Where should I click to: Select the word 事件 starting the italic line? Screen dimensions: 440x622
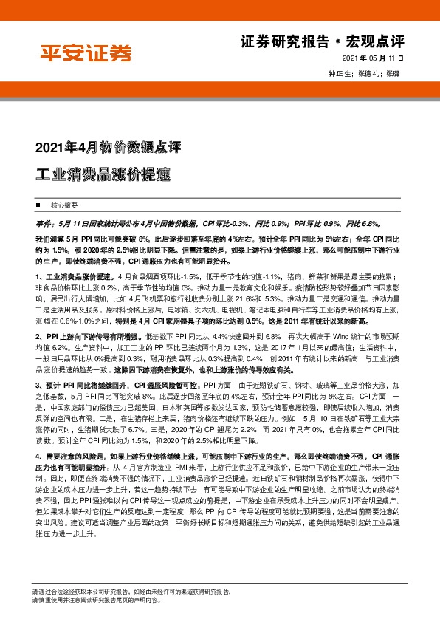pyautogui.click(x=43, y=222)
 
